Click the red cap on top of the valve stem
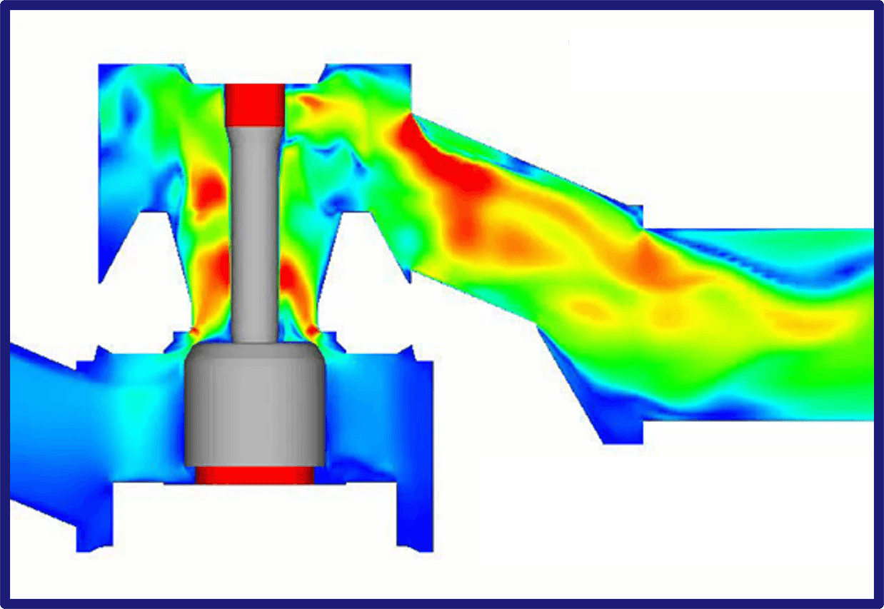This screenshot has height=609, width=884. [x=255, y=104]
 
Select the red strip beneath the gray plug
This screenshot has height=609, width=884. [x=255, y=475]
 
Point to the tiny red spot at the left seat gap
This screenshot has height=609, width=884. [x=194, y=331]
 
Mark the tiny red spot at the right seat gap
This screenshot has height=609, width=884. [x=313, y=331]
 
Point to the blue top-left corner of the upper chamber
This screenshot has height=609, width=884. [x=114, y=79]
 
